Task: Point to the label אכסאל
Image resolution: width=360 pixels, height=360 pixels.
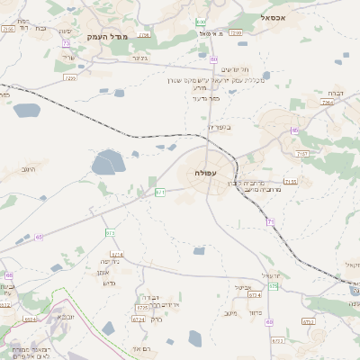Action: pos(274,16)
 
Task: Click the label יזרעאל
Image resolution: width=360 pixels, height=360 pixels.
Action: pos(272,275)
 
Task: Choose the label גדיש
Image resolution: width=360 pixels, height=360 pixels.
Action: pos(110,283)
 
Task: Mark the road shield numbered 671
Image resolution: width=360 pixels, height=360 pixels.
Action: pos(160,192)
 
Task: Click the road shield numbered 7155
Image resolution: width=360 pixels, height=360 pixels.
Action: pos(290,182)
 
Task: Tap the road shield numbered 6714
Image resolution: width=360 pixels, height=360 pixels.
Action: pos(117,255)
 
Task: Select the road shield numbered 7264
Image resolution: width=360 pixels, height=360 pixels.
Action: pos(328,103)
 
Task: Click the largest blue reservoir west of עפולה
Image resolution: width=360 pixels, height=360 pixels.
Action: pos(107,163)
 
